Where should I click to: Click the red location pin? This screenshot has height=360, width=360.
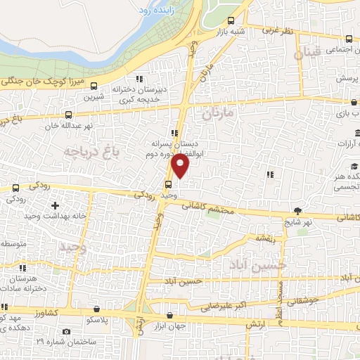[181, 166]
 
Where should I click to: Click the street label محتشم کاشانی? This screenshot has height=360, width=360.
[208, 205]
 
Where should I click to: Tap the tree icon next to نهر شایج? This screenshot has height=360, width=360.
[299, 211]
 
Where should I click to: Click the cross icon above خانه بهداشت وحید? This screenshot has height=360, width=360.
[55, 206]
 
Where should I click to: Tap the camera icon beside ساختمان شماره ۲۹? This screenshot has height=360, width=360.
[65, 331]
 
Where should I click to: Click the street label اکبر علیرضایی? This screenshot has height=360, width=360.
[223, 307]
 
